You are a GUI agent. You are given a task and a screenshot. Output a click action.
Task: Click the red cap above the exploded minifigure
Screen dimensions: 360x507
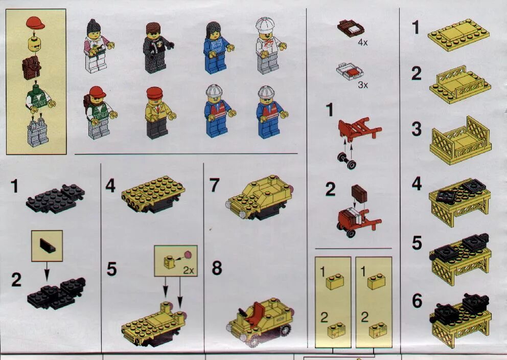[x=35, y=22]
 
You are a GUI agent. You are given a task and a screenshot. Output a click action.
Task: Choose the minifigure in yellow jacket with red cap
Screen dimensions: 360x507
[x=156, y=113]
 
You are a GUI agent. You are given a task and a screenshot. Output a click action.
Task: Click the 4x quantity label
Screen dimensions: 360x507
[x=363, y=43]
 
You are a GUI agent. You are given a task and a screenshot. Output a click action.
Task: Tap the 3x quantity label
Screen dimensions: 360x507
[x=363, y=85]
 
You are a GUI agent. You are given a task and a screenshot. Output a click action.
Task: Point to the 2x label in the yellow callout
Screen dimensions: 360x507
[x=188, y=270]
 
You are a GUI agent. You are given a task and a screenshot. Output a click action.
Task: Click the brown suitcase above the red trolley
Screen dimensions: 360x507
[x=359, y=193]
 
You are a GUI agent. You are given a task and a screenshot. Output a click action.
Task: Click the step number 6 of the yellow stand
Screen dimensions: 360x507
[x=417, y=301]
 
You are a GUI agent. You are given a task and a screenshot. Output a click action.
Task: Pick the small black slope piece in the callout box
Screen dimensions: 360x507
[x=47, y=245]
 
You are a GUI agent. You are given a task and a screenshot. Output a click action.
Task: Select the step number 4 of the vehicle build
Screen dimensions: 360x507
[x=110, y=185]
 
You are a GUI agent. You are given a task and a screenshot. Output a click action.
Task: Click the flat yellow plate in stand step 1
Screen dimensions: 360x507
[x=458, y=35]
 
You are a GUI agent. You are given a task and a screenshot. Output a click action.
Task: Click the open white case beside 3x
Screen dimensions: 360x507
[x=349, y=72]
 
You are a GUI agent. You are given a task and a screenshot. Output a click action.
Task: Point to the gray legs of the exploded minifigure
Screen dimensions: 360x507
[x=37, y=132]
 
